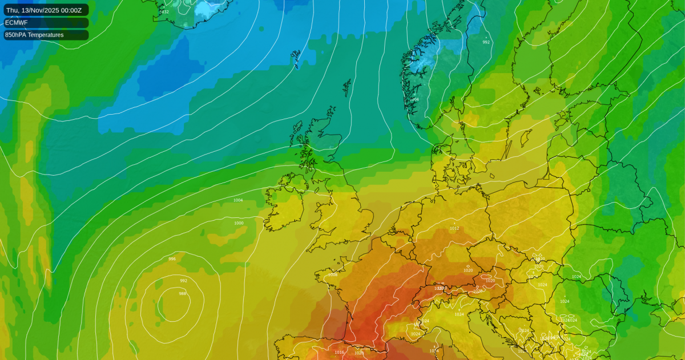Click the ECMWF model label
click(16, 23)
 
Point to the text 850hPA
click(17, 35)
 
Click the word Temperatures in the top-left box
click(47, 35)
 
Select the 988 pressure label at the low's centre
click(183, 293)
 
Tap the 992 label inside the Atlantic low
click(183, 281)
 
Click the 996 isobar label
click(172, 259)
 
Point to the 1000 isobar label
click(239, 223)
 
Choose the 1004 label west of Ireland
click(238, 200)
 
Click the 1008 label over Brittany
click(333, 275)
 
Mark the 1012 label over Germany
click(454, 228)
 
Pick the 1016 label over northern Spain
click(339, 352)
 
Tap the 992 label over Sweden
click(486, 42)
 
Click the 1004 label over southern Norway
click(414, 99)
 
